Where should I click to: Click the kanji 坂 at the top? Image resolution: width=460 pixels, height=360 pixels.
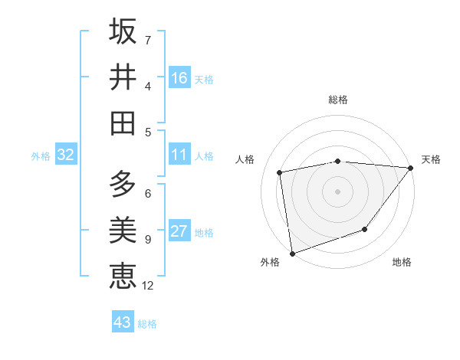(x=123, y=31)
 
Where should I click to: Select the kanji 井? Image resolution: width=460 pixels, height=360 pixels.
(x=123, y=77)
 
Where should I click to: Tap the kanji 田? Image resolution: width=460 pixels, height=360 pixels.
(x=123, y=123)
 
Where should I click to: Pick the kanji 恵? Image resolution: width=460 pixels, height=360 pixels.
(x=123, y=276)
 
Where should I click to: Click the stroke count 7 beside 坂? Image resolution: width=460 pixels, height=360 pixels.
(x=148, y=40)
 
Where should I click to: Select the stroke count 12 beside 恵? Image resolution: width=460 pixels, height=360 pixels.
(x=148, y=286)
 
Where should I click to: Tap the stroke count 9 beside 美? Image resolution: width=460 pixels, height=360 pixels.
(x=148, y=240)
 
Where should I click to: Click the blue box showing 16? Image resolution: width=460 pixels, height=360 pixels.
(x=179, y=78)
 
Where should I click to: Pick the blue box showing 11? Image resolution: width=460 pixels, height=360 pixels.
(x=179, y=155)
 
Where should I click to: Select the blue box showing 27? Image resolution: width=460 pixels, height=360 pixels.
(x=179, y=232)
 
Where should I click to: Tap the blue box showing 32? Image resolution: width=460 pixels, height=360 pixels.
(x=65, y=155)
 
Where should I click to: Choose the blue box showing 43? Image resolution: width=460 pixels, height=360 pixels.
(x=123, y=322)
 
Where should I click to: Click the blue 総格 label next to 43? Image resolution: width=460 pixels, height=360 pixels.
(x=147, y=324)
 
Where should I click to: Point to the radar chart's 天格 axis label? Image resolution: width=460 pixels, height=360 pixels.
(x=431, y=159)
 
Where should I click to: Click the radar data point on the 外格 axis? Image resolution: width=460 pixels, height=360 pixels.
(x=292, y=253)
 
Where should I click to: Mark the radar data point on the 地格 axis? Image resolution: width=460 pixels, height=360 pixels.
(x=366, y=229)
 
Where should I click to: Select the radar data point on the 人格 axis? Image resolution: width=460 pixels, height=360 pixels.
(x=280, y=172)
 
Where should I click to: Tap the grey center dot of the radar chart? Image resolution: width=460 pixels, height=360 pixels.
(x=337, y=191)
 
